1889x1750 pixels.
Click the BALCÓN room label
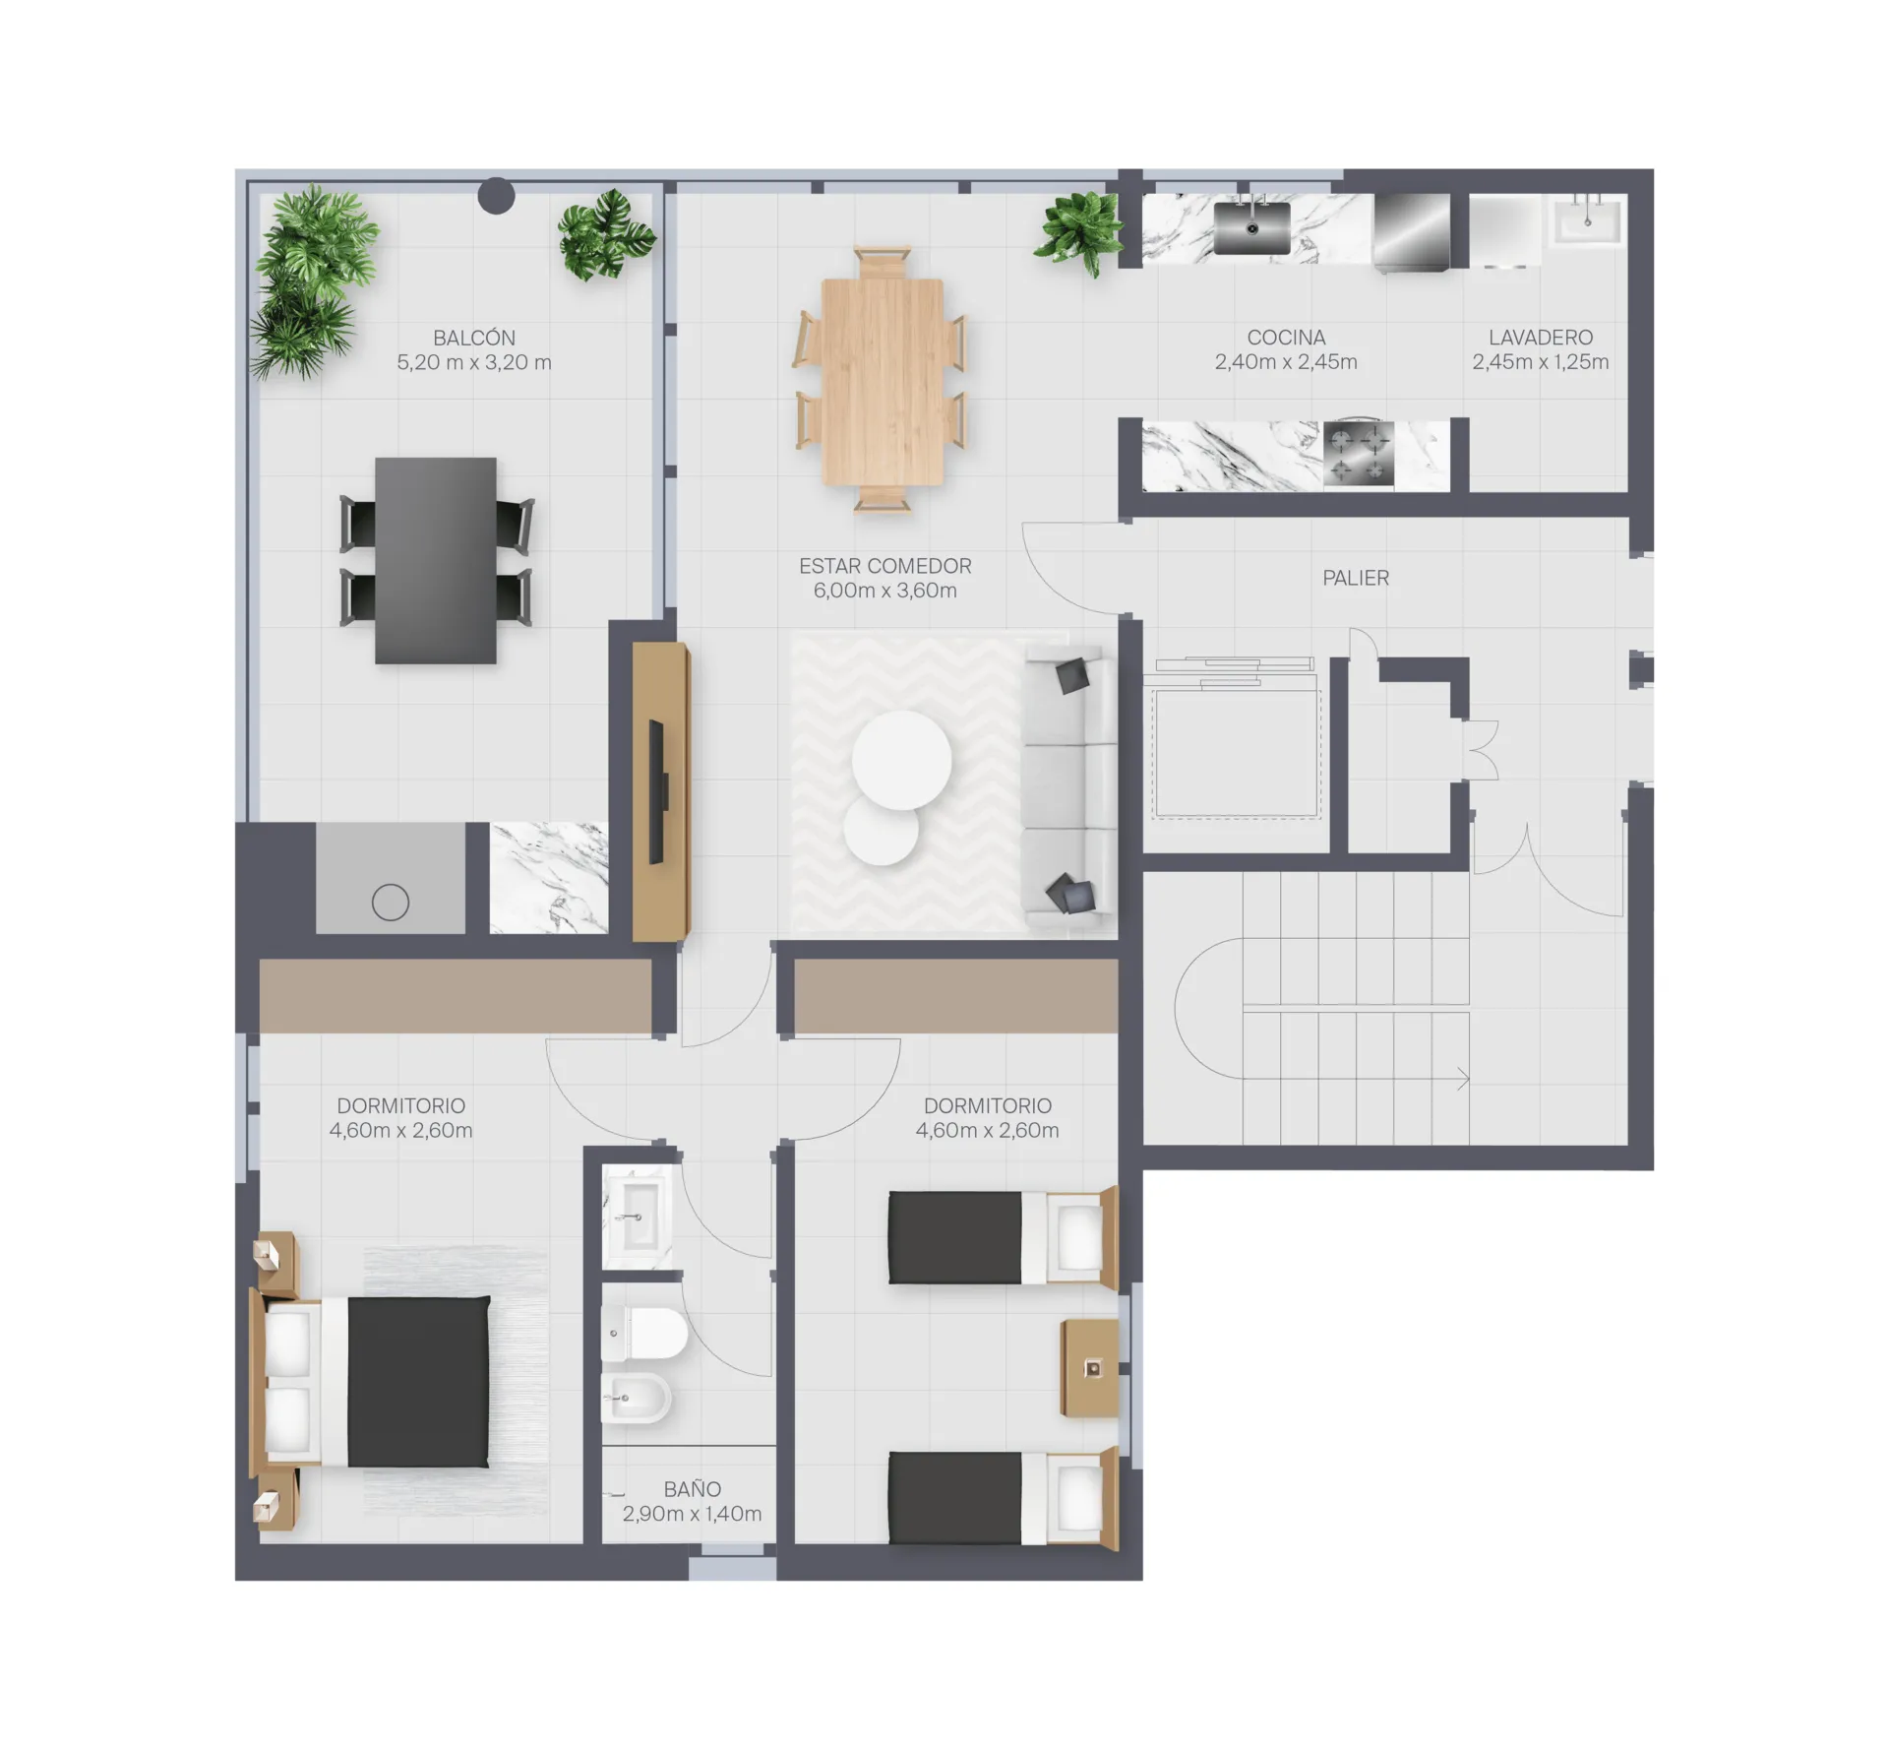474,338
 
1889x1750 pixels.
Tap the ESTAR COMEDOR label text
884,566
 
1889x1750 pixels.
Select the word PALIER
1356,578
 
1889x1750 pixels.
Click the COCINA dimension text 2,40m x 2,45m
1286,362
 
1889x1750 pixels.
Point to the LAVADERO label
1541,338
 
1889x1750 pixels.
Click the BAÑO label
692,1489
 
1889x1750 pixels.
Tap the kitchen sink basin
1251,228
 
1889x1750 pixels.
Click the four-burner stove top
1359,453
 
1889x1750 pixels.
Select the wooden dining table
883,382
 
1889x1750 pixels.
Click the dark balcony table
436,560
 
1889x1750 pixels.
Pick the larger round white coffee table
901,760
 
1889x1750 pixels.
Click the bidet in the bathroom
637,1398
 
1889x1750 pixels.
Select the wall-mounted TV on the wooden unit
656,792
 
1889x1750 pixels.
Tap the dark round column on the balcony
496,196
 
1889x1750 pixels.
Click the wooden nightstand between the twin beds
1090,1368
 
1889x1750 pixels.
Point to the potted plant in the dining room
1080,231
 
